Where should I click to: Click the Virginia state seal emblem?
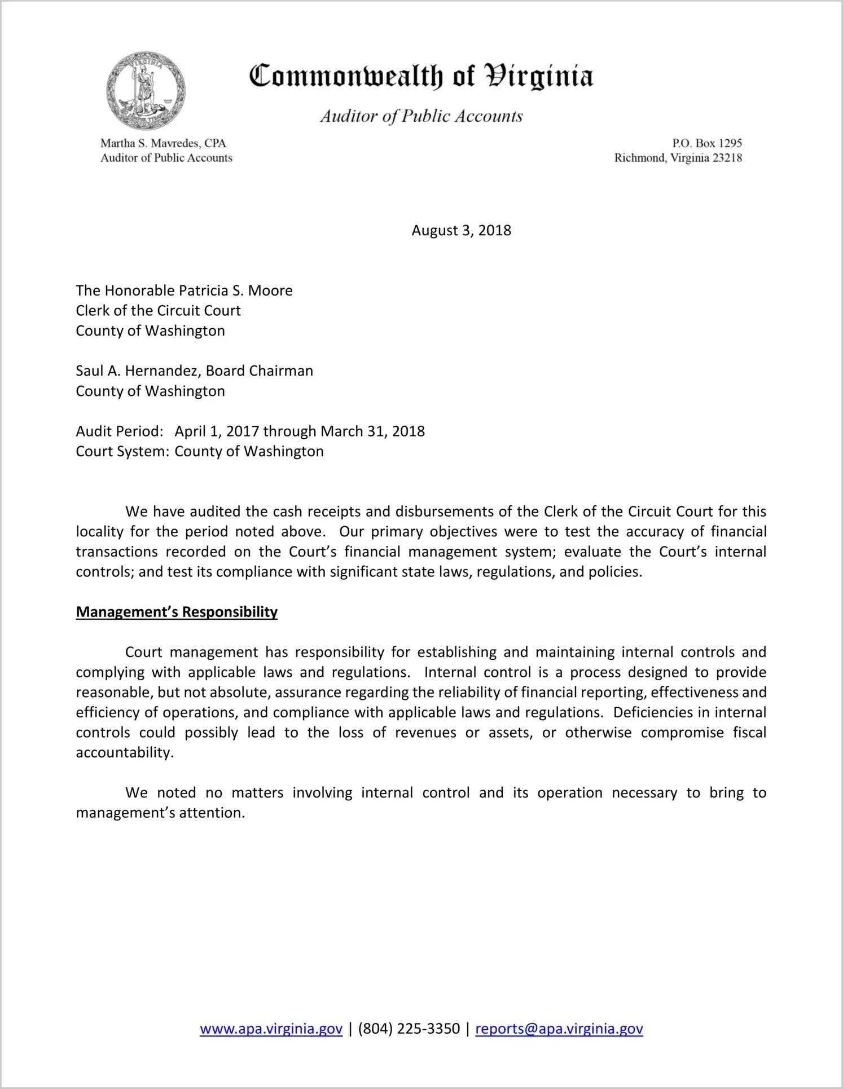tap(146, 91)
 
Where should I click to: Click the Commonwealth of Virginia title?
tap(421, 76)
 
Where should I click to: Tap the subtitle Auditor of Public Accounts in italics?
tap(421, 116)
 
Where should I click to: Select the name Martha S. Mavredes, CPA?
tap(163, 143)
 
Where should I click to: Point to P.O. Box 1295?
tap(706, 143)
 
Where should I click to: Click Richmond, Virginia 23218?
tap(678, 158)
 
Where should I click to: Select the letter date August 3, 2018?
tap(461, 231)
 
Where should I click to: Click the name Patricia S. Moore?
tap(235, 290)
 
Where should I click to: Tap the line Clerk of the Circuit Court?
tap(158, 311)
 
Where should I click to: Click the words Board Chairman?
tap(259, 371)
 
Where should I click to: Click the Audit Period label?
tap(120, 431)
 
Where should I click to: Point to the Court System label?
tap(122, 452)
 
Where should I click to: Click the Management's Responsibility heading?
tap(177, 612)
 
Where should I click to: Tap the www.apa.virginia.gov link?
tap(271, 1029)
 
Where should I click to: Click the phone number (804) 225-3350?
tap(409, 1029)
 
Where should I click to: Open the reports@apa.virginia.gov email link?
tap(559, 1029)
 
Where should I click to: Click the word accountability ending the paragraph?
tap(124, 753)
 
